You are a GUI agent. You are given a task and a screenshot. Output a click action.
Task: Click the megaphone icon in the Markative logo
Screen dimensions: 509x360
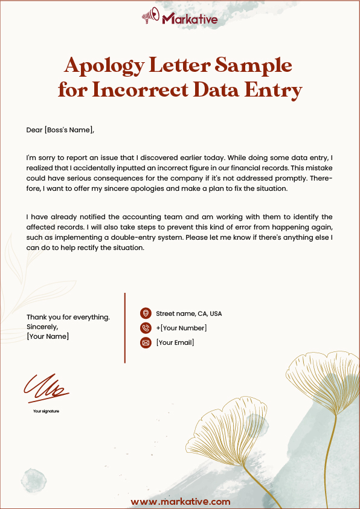tap(150, 18)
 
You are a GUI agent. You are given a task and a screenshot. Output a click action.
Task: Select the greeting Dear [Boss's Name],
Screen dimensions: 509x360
tap(60, 130)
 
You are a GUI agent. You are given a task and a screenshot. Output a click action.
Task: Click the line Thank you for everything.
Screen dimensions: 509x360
tap(68, 317)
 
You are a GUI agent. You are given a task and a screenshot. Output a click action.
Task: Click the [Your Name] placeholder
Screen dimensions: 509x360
tap(48, 336)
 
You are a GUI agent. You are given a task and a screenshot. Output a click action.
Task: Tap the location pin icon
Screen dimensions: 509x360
tap(145, 313)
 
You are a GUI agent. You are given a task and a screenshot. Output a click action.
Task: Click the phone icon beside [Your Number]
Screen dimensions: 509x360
tap(145, 328)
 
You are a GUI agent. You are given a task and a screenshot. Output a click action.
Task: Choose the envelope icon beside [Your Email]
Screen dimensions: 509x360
tap(145, 343)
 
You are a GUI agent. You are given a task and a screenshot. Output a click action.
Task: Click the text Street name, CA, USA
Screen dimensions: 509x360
tap(188, 314)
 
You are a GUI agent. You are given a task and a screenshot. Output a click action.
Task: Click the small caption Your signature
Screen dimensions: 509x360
tap(46, 411)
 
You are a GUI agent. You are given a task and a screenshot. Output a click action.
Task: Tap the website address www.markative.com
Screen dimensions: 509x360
tap(180, 502)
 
